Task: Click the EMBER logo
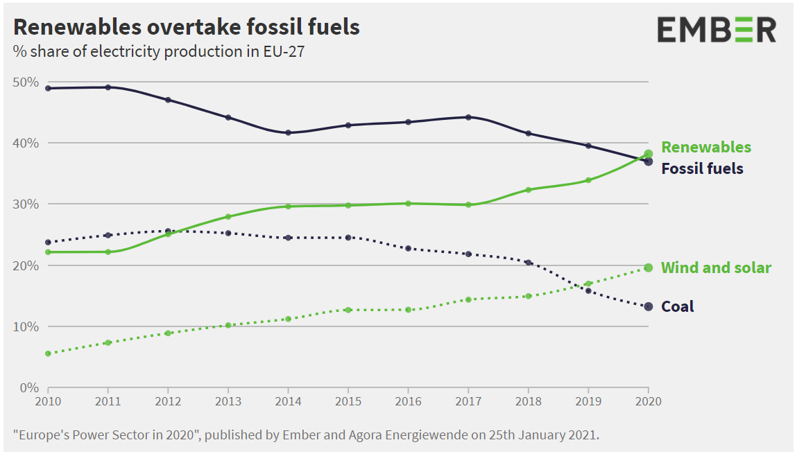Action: pyautogui.click(x=717, y=30)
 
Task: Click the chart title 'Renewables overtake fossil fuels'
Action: pyautogui.click(x=187, y=27)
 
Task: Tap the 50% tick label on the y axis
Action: pyautogui.click(x=26, y=82)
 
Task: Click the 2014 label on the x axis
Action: pyautogui.click(x=288, y=401)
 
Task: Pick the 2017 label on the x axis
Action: pyautogui.click(x=468, y=401)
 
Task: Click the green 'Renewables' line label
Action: pyautogui.click(x=705, y=147)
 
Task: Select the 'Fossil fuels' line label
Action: pyautogui.click(x=702, y=168)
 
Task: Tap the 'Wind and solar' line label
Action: pyautogui.click(x=716, y=268)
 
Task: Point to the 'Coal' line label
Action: pyautogui.click(x=677, y=306)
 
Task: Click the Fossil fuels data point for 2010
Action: pyautogui.click(x=48, y=88)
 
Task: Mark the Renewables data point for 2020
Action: pyautogui.click(x=648, y=154)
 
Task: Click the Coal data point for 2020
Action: pyautogui.click(x=648, y=306)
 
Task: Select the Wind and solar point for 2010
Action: pyautogui.click(x=48, y=353)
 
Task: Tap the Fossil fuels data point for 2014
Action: pyautogui.click(x=288, y=132)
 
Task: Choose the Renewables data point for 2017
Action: pyautogui.click(x=468, y=204)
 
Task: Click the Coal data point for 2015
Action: pyautogui.click(x=348, y=238)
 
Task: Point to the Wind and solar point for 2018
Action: pyautogui.click(x=528, y=296)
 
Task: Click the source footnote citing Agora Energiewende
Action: pyautogui.click(x=306, y=435)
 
